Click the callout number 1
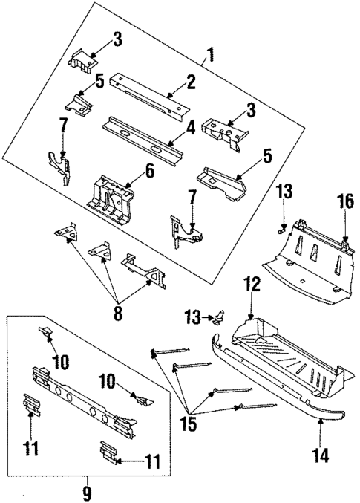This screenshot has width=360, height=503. (x=211, y=55)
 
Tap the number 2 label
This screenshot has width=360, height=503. (x=191, y=82)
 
